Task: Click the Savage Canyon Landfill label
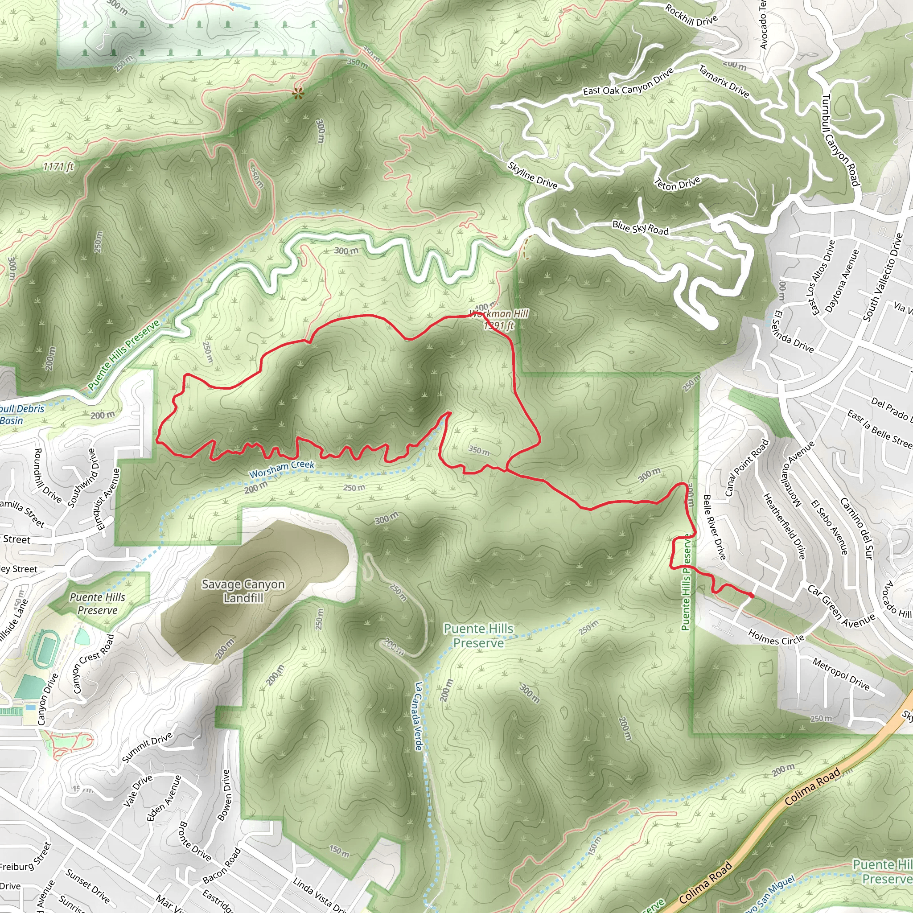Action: pos(243,591)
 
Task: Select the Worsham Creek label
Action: pos(282,469)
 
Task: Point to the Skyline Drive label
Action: pos(533,175)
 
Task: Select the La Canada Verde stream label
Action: pos(419,716)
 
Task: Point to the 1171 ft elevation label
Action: pos(58,166)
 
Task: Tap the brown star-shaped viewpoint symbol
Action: pos(297,93)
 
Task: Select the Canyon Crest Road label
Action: pos(94,663)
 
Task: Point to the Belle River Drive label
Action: pos(714,527)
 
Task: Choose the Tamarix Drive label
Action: pos(724,81)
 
